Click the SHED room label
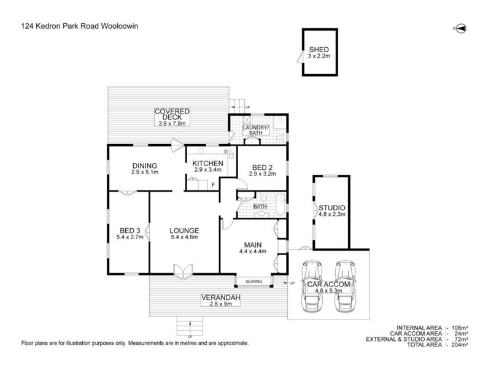point(320,50)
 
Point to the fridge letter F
point(213,184)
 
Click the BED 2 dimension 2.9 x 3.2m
point(262,174)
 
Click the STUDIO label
point(332,207)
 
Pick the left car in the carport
point(312,286)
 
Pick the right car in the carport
point(346,286)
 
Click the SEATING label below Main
point(253,282)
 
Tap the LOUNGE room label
point(184,231)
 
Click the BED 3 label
point(130,231)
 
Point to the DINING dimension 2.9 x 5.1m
point(144,172)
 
